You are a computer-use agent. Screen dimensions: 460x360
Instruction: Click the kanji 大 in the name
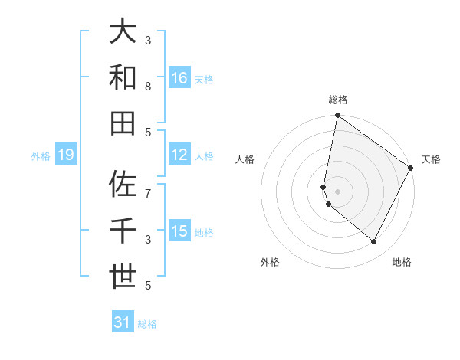pyautogui.click(x=123, y=32)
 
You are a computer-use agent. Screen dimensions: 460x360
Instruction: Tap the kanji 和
pyautogui.click(x=123, y=77)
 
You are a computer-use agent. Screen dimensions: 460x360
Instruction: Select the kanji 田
pyautogui.click(x=123, y=123)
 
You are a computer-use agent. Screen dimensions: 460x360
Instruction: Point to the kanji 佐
pyautogui.click(x=123, y=185)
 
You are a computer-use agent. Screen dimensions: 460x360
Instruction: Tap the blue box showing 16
pyautogui.click(x=179, y=78)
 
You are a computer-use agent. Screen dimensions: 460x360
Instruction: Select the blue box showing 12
pyautogui.click(x=179, y=155)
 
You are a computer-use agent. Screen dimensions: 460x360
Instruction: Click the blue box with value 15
pyautogui.click(x=179, y=231)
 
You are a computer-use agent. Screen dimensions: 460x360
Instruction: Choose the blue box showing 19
pyautogui.click(x=65, y=155)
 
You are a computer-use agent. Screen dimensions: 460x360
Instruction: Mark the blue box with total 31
pyautogui.click(x=123, y=322)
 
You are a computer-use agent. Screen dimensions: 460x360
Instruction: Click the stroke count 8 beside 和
pyautogui.click(x=148, y=87)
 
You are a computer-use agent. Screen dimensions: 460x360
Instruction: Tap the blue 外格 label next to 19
pyautogui.click(x=41, y=156)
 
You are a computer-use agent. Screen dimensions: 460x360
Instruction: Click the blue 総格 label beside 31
pyautogui.click(x=147, y=324)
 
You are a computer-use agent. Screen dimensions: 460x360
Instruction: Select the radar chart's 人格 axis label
pyautogui.click(x=245, y=159)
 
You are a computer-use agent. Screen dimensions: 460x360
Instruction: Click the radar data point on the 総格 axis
pyautogui.click(x=337, y=116)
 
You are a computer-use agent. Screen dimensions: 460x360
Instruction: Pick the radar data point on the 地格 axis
pyautogui.click(x=374, y=241)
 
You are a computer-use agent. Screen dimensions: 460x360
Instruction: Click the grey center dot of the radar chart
pyautogui.click(x=337, y=191)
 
